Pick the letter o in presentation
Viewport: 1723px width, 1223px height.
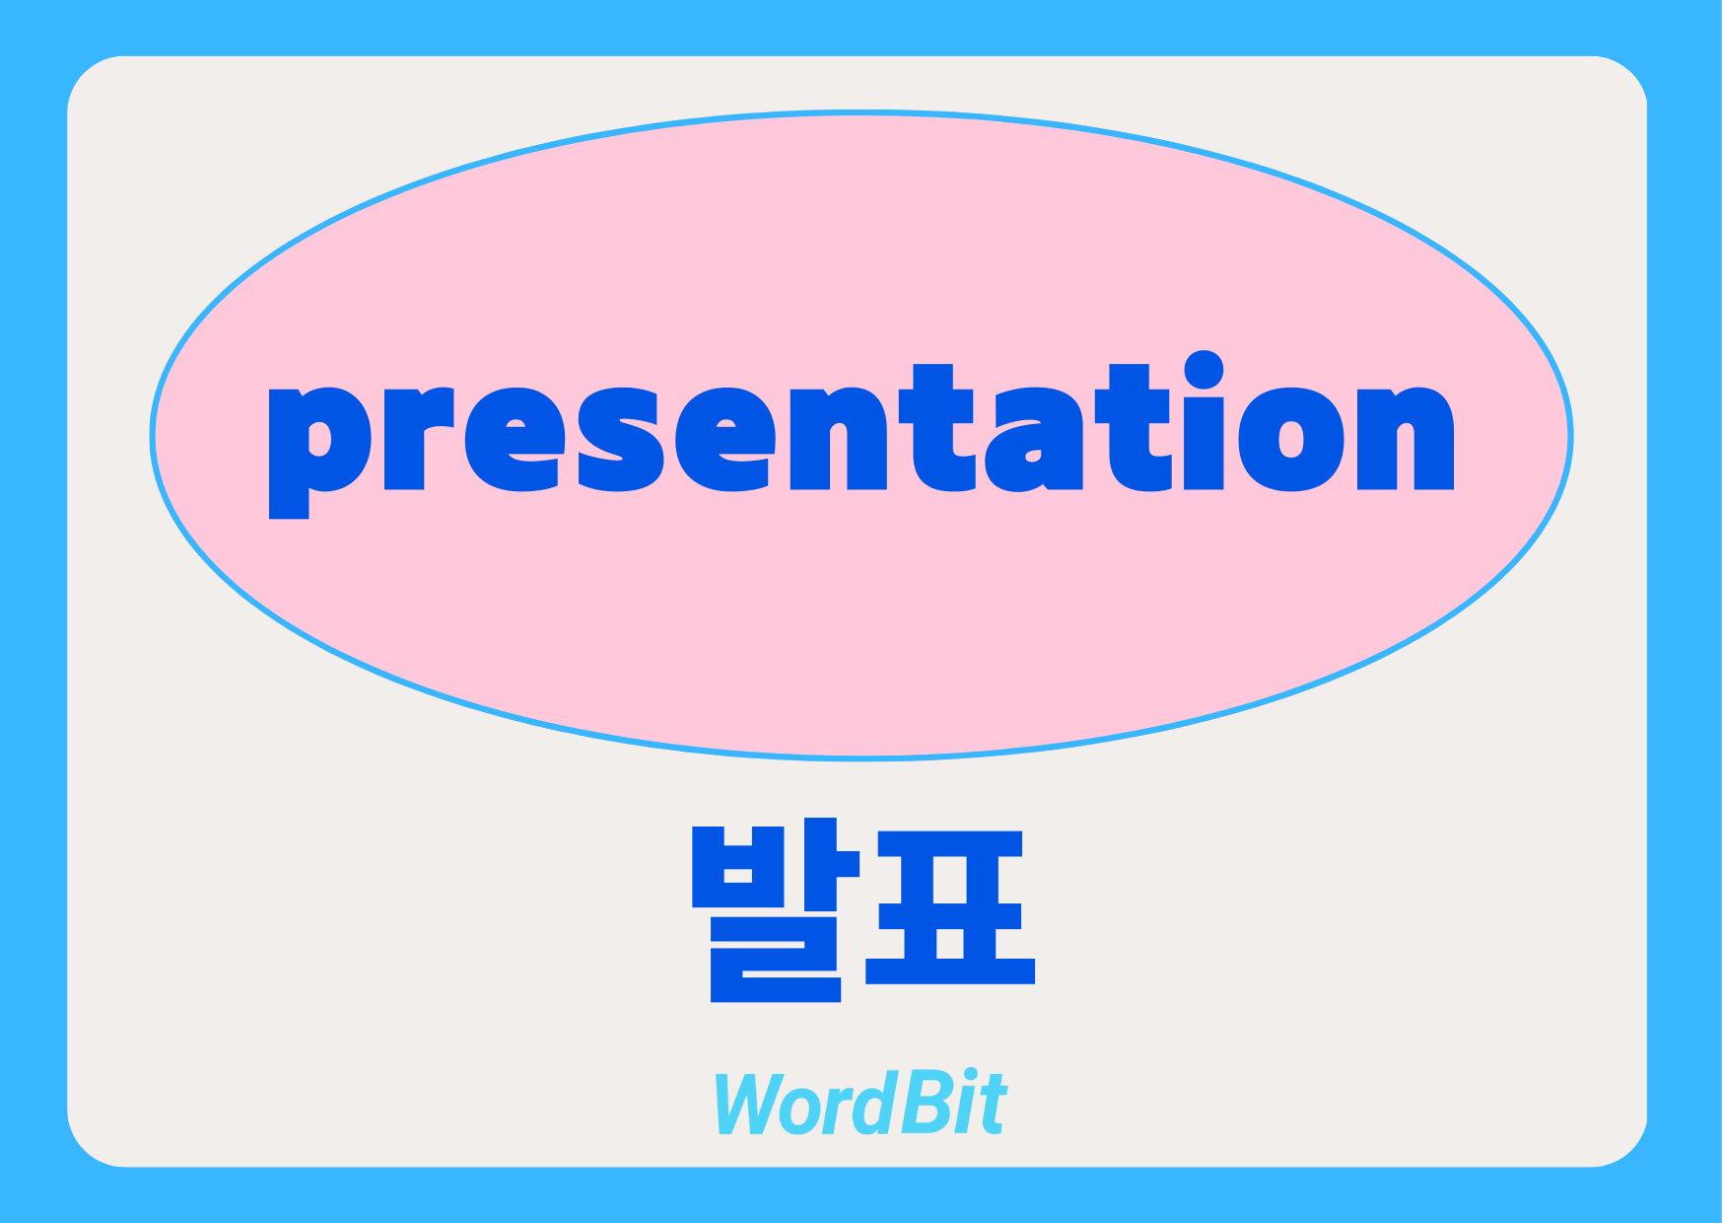[1291, 438]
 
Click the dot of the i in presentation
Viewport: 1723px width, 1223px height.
[1204, 371]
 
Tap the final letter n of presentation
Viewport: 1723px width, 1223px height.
[1406, 437]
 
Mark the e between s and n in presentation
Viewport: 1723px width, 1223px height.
[725, 438]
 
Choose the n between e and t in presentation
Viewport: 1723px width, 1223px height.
[839, 437]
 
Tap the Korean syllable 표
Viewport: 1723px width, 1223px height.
[950, 907]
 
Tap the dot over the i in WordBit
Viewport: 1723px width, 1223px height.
[973, 1075]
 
